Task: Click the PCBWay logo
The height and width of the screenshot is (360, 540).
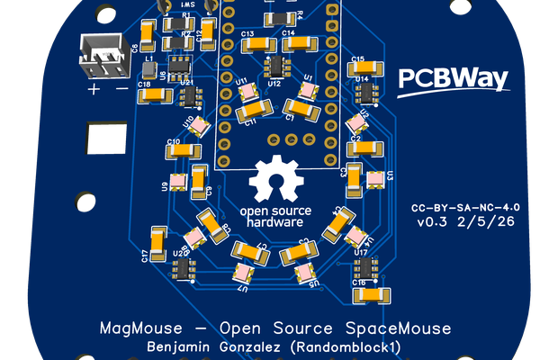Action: (x=453, y=79)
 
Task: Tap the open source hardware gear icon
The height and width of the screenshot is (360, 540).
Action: (x=276, y=179)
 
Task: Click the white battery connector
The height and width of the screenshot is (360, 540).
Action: (x=106, y=59)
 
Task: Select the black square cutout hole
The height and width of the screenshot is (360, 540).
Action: (x=106, y=139)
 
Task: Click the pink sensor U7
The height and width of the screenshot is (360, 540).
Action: (x=242, y=273)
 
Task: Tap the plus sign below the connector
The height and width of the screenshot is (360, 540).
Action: (x=94, y=90)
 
